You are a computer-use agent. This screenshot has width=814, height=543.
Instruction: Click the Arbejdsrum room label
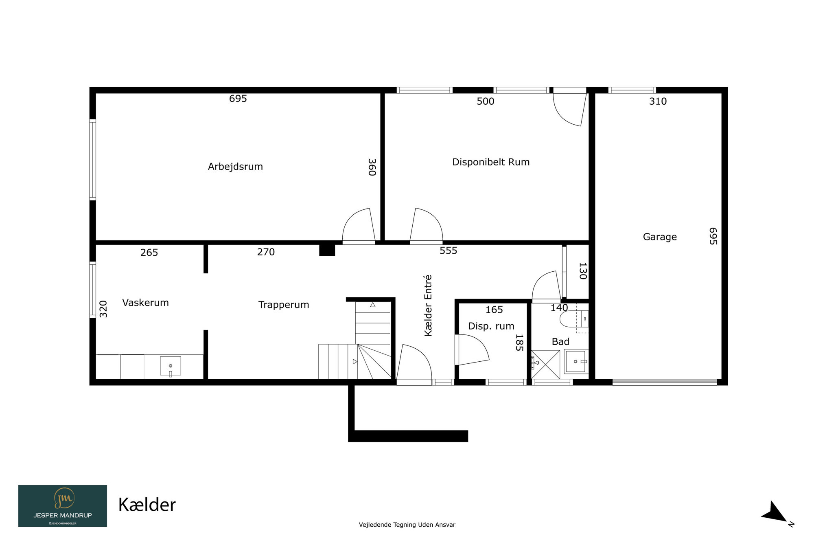(235, 167)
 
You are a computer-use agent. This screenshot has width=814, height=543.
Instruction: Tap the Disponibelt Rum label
(491, 162)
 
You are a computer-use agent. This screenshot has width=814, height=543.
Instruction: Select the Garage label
(660, 237)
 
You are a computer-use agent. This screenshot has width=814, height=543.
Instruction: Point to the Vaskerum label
(145, 303)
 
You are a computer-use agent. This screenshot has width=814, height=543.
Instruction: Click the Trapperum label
(284, 305)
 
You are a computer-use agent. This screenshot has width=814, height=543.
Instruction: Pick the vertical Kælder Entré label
(428, 306)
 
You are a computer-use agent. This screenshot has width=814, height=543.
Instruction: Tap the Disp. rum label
(491, 326)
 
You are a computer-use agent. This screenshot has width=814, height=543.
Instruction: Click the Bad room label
(560, 342)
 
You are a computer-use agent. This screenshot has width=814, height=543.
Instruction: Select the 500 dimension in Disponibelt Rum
(486, 101)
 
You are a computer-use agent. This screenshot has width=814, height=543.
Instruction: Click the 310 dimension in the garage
(658, 101)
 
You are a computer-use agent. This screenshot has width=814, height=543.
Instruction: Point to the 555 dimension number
(449, 251)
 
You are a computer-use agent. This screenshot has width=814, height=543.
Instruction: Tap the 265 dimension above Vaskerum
(149, 253)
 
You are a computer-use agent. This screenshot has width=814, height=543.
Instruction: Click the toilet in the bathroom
(574, 319)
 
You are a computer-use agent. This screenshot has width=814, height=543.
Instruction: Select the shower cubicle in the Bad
(545, 365)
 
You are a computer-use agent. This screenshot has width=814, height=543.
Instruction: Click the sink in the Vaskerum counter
(171, 366)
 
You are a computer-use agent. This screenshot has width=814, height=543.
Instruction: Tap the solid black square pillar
(327, 249)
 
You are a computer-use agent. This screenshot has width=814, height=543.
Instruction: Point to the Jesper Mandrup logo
(63, 506)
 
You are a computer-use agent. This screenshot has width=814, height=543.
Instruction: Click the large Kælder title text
(147, 505)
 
